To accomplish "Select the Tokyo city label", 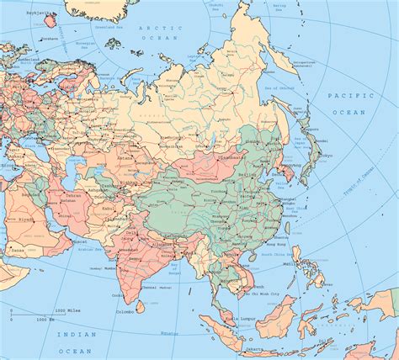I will pyautogui.click(x=327, y=155).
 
